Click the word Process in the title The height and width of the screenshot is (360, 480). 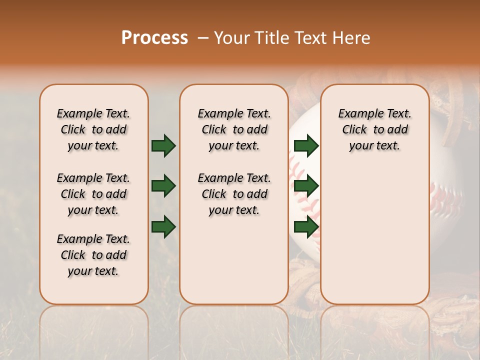tap(154, 38)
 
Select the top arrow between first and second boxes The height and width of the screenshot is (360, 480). tap(163, 146)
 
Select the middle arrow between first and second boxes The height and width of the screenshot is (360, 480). tap(163, 186)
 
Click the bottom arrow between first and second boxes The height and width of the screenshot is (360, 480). tap(163, 227)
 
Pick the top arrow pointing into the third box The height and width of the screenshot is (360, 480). tap(306, 146)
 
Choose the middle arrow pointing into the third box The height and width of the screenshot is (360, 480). tap(306, 186)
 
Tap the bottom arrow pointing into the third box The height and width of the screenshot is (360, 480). tap(306, 227)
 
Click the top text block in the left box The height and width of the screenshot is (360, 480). tap(93, 129)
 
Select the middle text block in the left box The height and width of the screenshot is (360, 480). tap(93, 194)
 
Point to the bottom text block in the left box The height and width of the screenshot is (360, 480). tap(93, 255)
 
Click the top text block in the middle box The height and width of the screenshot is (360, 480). tap(234, 129)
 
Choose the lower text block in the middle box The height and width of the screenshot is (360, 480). tap(234, 194)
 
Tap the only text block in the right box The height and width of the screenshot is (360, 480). tap(374, 129)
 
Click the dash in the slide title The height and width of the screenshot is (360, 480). tap(203, 38)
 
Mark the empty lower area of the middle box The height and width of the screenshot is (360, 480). tap(234, 260)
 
